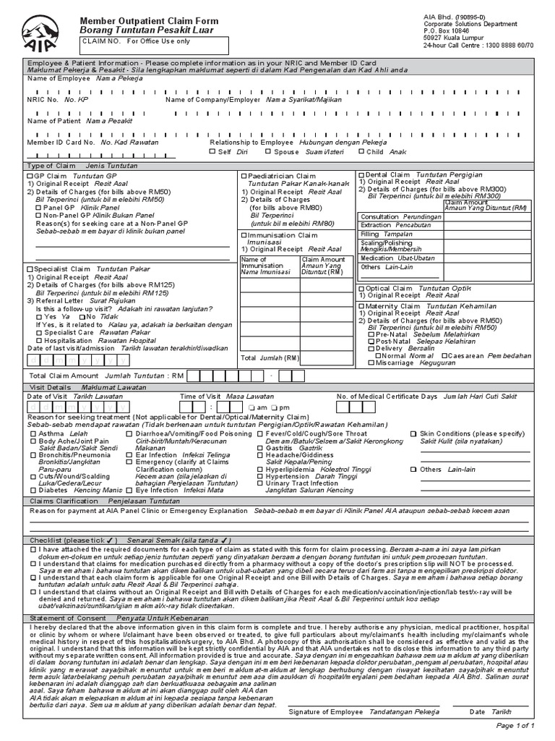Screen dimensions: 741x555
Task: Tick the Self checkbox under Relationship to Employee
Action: tap(212, 152)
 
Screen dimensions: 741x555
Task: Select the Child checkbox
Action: tap(361, 152)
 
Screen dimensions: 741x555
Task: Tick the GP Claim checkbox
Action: tap(30, 176)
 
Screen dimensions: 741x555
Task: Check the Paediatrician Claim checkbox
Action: tap(244, 176)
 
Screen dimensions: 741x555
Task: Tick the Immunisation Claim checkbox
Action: tap(244, 235)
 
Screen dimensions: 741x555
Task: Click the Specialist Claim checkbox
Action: tap(30, 269)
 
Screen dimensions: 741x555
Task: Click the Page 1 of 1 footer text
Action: tap(515, 725)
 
